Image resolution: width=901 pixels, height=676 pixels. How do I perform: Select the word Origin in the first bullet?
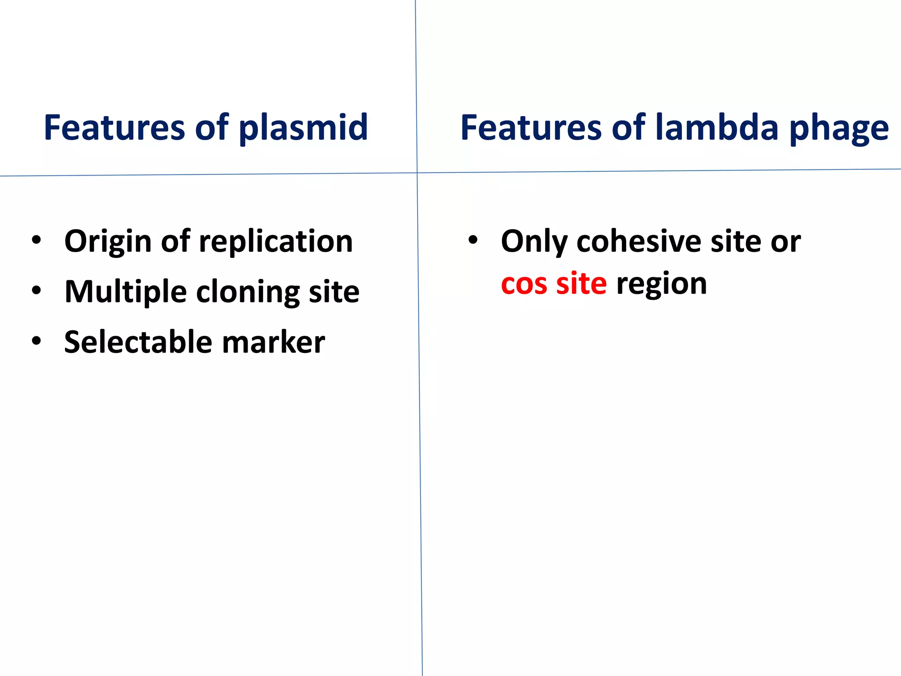point(108,242)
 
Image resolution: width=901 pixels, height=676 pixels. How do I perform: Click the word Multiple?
point(125,292)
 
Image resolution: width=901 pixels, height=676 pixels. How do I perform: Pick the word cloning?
point(248,292)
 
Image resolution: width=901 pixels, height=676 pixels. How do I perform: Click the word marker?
point(273,342)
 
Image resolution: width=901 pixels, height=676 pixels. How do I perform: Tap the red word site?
point(581,284)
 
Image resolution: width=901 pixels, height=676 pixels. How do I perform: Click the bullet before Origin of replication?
point(37,240)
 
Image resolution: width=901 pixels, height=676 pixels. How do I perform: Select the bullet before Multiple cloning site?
point(37,290)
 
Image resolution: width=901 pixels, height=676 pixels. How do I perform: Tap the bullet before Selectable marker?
point(37,341)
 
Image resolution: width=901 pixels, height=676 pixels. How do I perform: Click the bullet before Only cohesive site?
point(473,240)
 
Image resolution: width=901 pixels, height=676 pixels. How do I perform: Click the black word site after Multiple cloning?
point(334,292)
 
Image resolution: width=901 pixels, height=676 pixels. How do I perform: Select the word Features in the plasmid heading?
point(114,128)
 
